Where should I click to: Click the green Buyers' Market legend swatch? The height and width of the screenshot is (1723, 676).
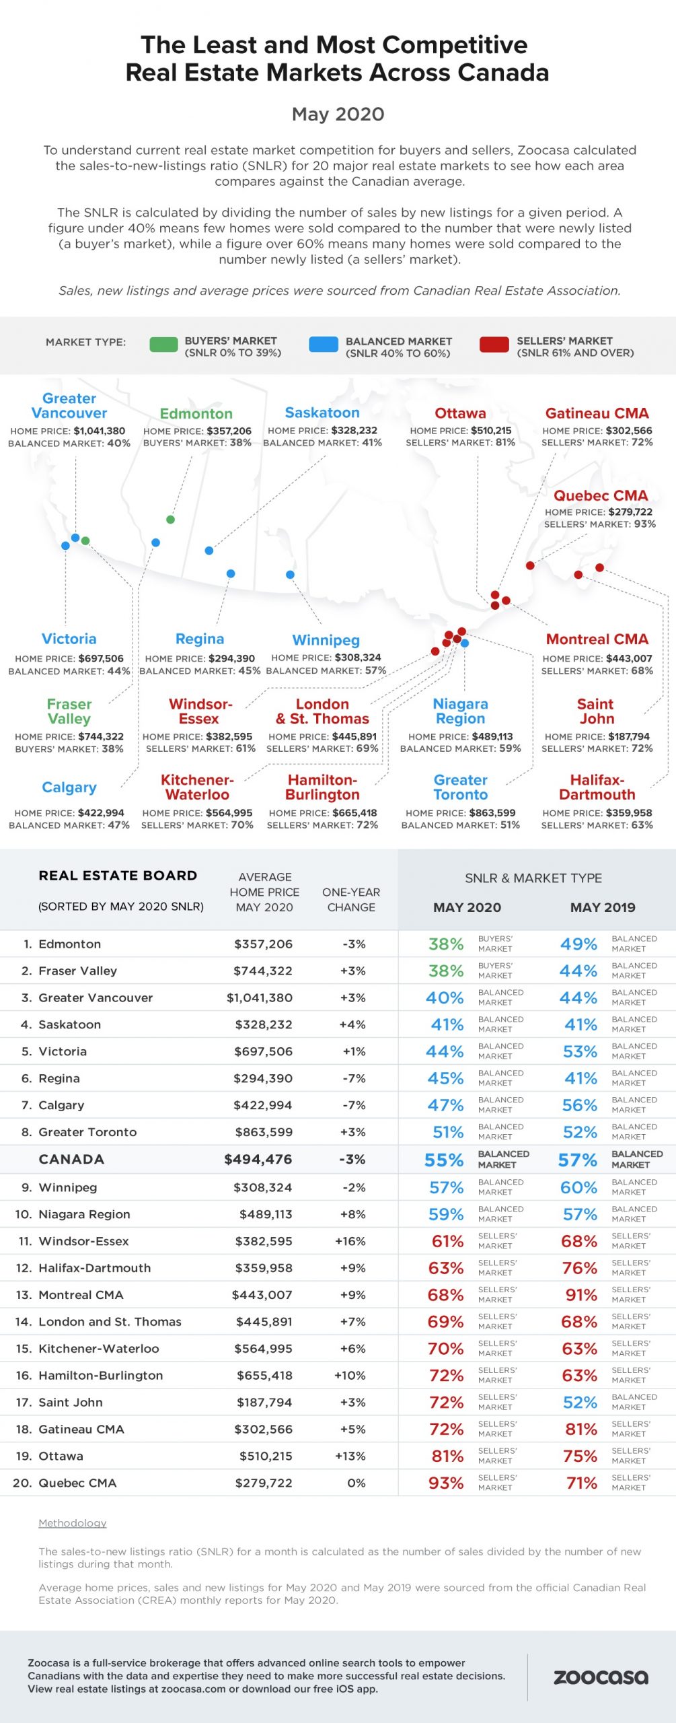point(163,345)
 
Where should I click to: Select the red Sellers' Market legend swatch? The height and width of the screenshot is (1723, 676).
point(494,345)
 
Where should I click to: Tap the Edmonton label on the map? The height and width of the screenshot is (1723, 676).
point(196,414)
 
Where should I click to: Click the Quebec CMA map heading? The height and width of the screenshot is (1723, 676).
point(600,495)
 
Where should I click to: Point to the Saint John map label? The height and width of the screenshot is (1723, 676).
point(595,711)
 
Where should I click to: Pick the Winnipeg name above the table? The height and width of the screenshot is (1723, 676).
point(326,640)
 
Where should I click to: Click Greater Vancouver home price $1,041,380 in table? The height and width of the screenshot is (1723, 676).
point(259,997)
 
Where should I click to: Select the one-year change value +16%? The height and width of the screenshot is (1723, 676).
point(350,1241)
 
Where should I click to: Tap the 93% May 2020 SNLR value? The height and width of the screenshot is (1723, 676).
point(446,1483)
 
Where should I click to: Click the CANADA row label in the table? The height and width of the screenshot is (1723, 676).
point(71,1159)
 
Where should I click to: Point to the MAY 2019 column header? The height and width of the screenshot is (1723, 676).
point(602,907)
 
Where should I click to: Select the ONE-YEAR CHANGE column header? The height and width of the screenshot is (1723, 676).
point(351,900)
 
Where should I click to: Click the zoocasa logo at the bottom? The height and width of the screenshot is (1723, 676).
point(601,1677)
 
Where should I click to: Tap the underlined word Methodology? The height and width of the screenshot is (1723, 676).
point(72,1523)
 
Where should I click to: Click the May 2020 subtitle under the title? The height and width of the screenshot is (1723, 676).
point(338,114)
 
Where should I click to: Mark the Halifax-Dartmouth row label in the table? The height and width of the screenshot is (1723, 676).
point(94,1268)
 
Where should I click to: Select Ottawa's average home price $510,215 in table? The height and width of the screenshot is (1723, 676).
point(266,1456)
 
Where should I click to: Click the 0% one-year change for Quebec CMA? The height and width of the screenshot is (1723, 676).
point(356,1483)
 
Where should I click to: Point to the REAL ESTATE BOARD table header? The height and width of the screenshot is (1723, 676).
point(118,876)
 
